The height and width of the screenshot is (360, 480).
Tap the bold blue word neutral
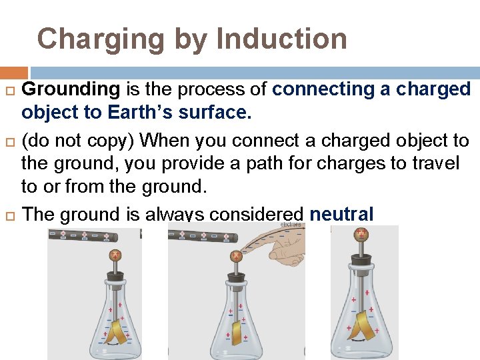[342, 214]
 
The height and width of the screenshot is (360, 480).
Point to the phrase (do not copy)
[78, 141]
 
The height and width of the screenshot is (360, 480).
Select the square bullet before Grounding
[9, 90]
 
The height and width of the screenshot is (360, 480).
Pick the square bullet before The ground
[9, 215]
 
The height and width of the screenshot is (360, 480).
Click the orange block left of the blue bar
[14, 73]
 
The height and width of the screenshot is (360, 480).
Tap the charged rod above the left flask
[83, 235]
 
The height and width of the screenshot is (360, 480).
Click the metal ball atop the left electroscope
[116, 255]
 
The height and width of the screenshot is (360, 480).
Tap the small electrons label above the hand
[291, 225]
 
